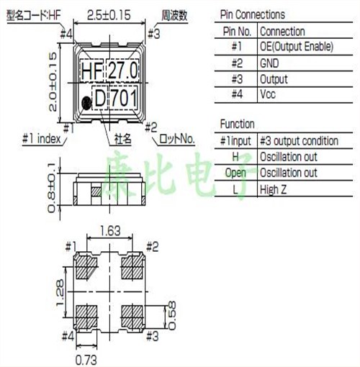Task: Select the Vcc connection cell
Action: click(269, 94)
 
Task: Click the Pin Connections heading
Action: click(250, 14)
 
